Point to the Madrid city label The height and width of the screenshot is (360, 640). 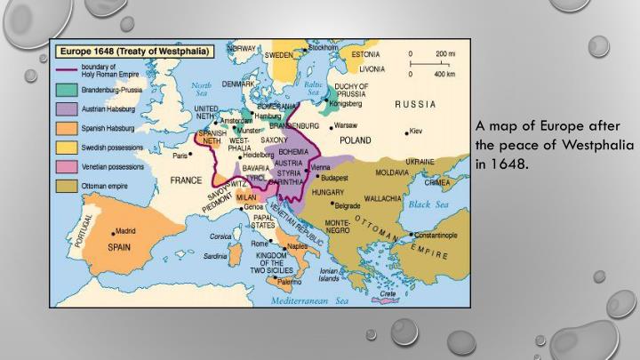coord(124,231)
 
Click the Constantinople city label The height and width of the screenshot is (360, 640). coord(436,236)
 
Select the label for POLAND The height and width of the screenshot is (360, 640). coord(355,140)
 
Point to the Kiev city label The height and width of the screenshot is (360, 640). coord(416,132)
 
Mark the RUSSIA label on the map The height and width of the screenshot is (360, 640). coord(415,104)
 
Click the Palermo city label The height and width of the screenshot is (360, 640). coord(290,282)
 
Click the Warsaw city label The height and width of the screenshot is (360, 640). coord(347,125)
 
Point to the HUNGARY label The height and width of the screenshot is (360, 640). coord(327,191)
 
